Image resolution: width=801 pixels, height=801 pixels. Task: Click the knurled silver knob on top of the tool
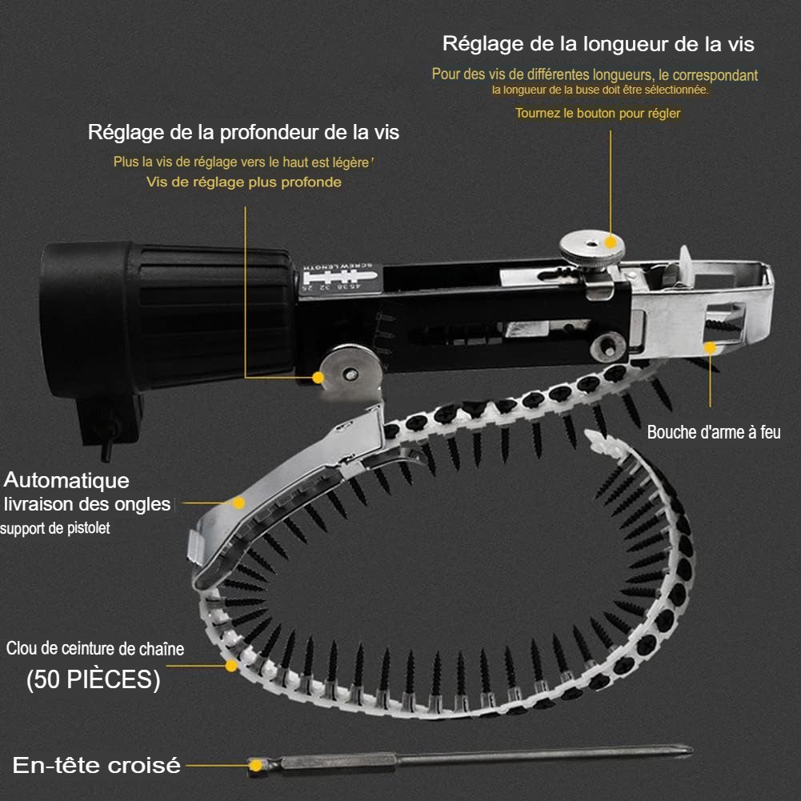pyautogui.click(x=591, y=250)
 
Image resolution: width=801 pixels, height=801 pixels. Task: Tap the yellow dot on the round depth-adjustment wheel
pyautogui.click(x=318, y=378)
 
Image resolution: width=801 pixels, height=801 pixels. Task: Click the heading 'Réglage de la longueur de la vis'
pyautogui.click(x=599, y=45)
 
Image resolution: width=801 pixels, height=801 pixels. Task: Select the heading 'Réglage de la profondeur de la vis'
pyautogui.click(x=243, y=133)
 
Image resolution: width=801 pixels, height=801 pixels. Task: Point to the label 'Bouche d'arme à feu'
pyautogui.click(x=714, y=432)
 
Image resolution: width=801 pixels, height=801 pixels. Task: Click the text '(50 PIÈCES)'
pyautogui.click(x=94, y=680)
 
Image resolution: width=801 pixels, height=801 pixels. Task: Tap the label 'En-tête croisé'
pyautogui.click(x=97, y=765)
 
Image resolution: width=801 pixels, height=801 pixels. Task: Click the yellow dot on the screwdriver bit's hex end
pyautogui.click(x=255, y=765)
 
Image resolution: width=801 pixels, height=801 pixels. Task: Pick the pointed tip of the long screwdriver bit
pyautogui.click(x=692, y=751)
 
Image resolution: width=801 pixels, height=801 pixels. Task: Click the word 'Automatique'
pyautogui.click(x=66, y=481)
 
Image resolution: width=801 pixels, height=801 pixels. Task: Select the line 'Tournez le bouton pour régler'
pyautogui.click(x=598, y=114)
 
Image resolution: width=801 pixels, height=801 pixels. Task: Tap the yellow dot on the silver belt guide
pyautogui.click(x=238, y=503)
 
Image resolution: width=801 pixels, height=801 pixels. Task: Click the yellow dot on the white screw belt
pyautogui.click(x=231, y=666)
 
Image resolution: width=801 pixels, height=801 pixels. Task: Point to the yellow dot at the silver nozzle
pyautogui.click(x=710, y=348)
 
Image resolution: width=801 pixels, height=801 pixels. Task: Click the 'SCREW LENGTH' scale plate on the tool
pyautogui.click(x=340, y=279)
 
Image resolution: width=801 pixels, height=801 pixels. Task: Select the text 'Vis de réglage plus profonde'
pyautogui.click(x=244, y=182)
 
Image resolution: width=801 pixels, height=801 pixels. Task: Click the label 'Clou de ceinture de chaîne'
pyautogui.click(x=95, y=649)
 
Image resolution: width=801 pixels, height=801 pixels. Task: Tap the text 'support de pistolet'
pyautogui.click(x=55, y=528)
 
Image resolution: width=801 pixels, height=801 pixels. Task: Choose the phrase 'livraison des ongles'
pyautogui.click(x=87, y=505)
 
